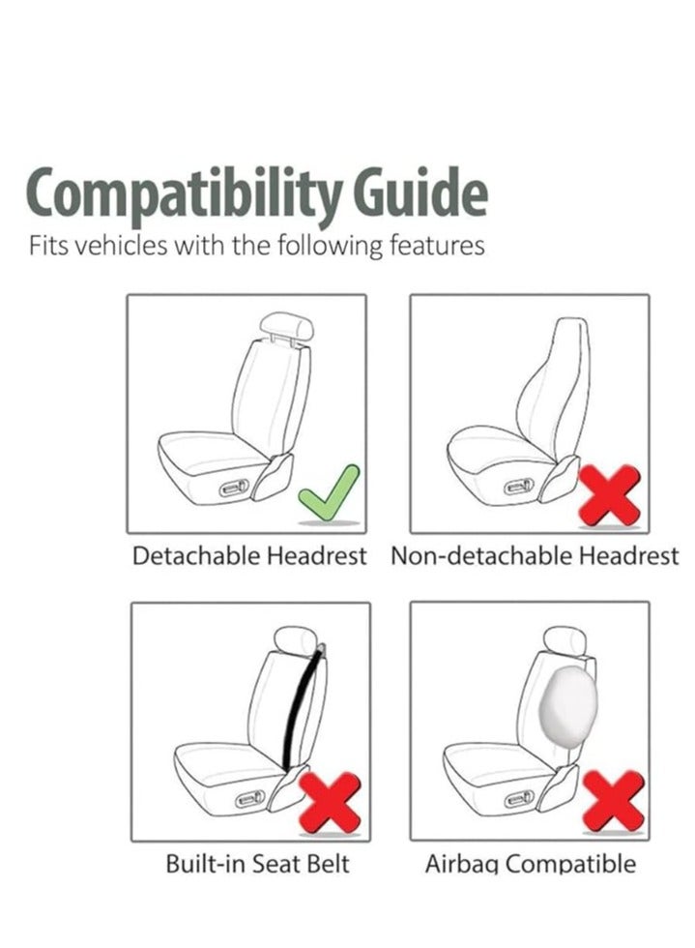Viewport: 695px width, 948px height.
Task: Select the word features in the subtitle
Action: (435, 246)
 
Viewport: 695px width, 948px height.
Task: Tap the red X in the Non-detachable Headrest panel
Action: (609, 494)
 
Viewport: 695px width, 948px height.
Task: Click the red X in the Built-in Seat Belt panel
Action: (332, 802)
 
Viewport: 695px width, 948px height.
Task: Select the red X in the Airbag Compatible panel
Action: (614, 800)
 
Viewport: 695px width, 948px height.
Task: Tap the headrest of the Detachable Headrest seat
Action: (288, 326)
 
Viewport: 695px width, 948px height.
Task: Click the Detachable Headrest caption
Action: (249, 556)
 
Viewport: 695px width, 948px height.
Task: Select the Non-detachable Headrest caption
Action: (535, 556)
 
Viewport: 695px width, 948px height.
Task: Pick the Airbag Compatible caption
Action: (531, 863)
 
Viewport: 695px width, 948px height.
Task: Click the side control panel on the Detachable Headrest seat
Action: (236, 489)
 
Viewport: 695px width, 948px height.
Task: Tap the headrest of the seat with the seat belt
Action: (296, 639)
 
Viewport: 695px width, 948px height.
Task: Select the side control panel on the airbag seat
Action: (519, 798)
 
